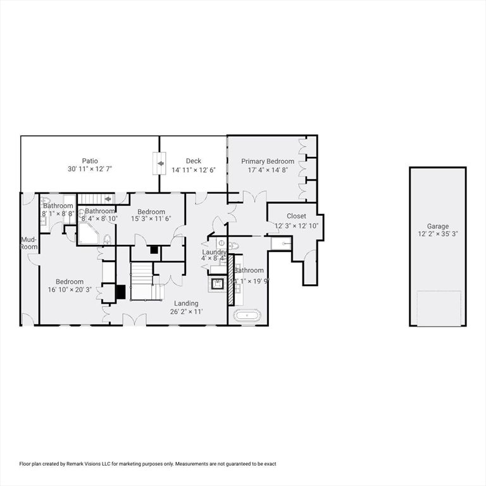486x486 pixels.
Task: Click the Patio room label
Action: point(89,161)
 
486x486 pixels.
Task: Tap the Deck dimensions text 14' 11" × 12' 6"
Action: point(193,170)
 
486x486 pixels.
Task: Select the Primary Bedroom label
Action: point(267,161)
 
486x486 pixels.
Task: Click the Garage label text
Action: point(437,226)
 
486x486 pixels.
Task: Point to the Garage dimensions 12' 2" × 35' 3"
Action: point(437,234)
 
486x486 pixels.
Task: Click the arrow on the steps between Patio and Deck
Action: point(161,164)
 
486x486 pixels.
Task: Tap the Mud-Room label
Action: point(29,243)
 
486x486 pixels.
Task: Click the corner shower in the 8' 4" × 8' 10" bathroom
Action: point(87,234)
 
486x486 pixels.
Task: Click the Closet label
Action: point(296,216)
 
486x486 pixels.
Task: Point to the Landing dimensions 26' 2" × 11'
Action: point(186,312)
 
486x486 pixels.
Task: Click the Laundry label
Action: point(214,251)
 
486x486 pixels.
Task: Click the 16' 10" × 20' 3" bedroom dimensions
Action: point(69,290)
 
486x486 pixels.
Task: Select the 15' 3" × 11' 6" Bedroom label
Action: point(151,212)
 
